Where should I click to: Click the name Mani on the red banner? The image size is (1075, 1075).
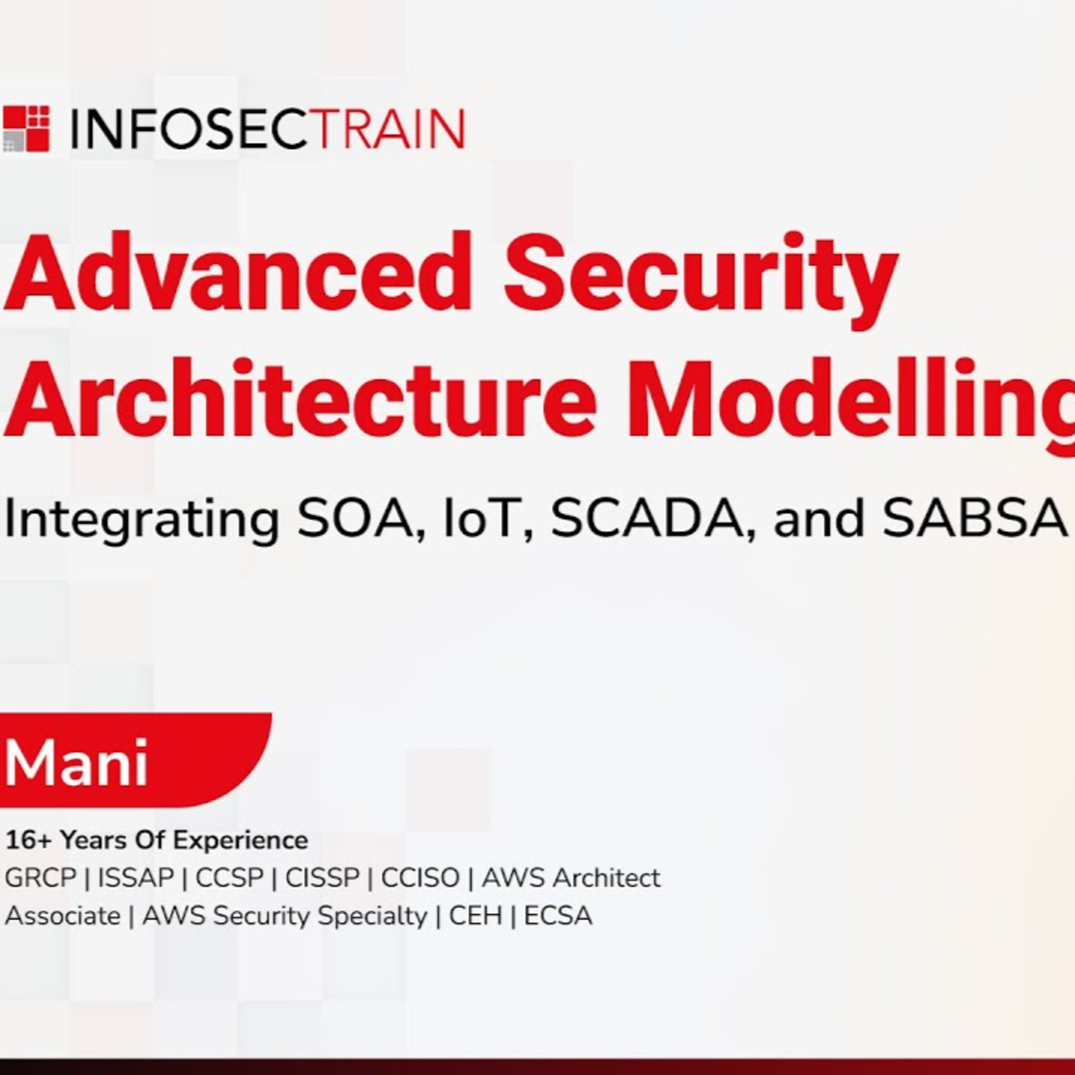click(x=76, y=762)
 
